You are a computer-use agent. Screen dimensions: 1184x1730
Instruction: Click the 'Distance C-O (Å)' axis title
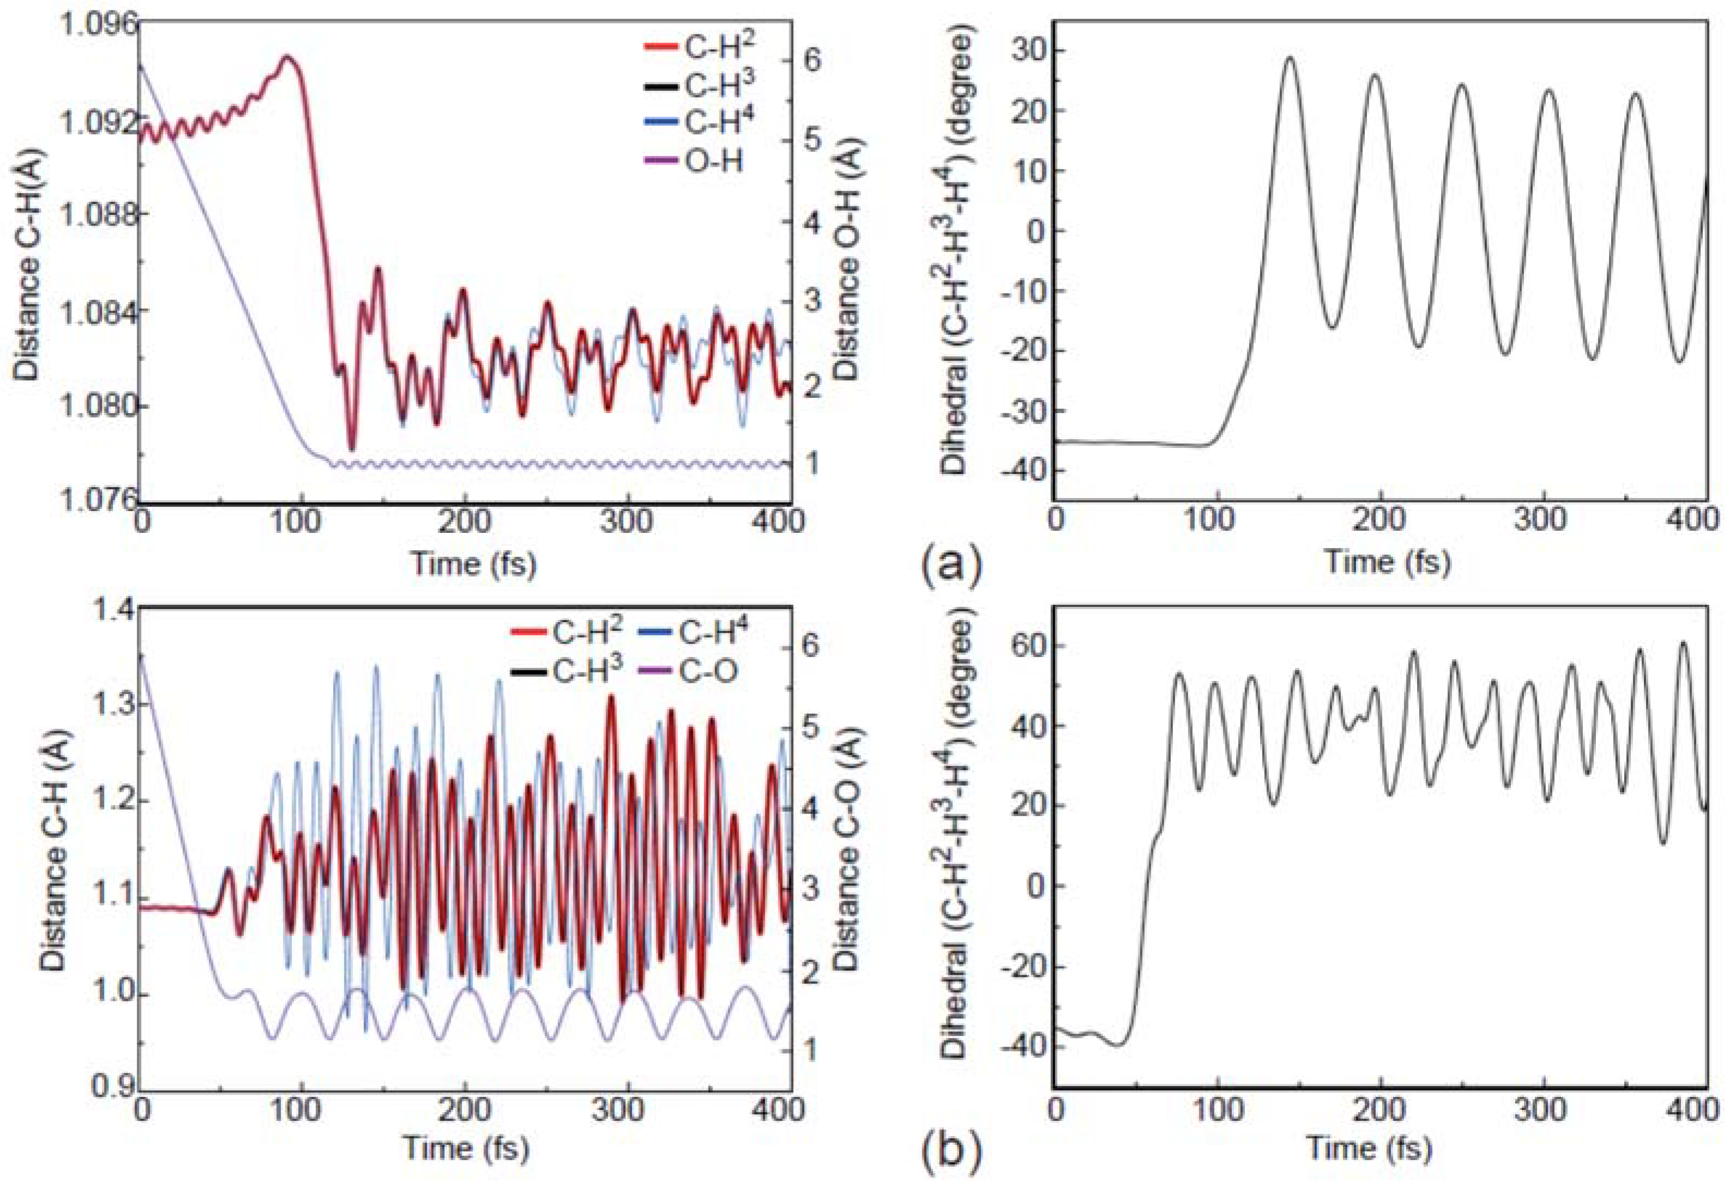[x=849, y=849]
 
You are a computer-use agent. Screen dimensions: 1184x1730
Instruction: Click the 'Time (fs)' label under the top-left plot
[x=474, y=564]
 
